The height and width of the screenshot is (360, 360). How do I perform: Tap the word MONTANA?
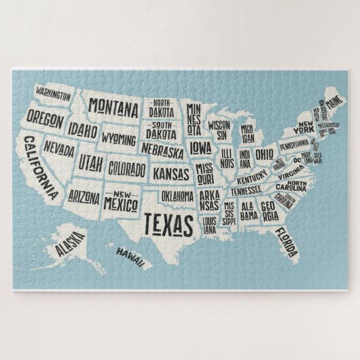(113, 107)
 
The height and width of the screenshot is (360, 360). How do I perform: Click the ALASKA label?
(71, 244)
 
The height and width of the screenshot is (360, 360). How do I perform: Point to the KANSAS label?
(170, 174)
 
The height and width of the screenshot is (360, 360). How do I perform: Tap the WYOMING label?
(118, 138)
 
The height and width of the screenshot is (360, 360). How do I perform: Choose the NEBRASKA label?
(163, 151)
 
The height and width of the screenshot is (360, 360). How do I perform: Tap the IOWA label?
(200, 147)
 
